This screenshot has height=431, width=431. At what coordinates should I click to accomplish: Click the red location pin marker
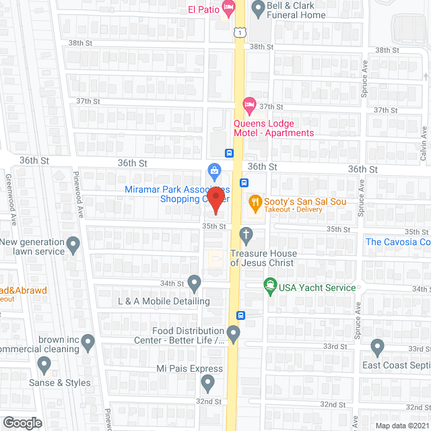click(215, 199)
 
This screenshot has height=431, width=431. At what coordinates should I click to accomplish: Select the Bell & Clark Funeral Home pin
click(257, 9)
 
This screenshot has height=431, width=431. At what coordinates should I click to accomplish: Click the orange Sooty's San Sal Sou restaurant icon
click(255, 201)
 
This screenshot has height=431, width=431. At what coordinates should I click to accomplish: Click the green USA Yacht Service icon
click(269, 286)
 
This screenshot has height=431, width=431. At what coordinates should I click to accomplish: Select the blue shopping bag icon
click(214, 170)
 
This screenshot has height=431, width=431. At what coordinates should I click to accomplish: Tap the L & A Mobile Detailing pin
click(194, 282)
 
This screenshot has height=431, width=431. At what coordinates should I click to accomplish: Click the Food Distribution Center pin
click(234, 333)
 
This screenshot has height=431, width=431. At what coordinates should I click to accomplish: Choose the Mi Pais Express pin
click(207, 384)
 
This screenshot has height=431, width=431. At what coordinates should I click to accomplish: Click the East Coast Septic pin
click(377, 348)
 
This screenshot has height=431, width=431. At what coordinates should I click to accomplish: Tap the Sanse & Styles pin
click(44, 366)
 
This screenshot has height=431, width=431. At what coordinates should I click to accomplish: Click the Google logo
click(22, 422)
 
